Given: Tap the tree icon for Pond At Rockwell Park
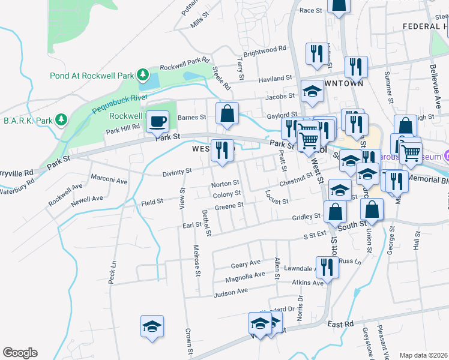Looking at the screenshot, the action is pyautogui.click(x=143, y=74).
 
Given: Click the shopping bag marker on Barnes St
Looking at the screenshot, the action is pyautogui.click(x=227, y=114).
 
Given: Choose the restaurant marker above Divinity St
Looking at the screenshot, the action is pyautogui.click(x=222, y=151).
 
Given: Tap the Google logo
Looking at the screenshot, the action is pyautogui.click(x=20, y=353).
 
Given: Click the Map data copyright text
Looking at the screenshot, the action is pyautogui.click(x=423, y=355).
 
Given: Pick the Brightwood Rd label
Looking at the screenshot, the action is pyautogui.click(x=264, y=51).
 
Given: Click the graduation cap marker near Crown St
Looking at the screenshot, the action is pyautogui.click(x=152, y=327).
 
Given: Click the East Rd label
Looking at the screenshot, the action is pyautogui.click(x=340, y=323).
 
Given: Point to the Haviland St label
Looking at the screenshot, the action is pyautogui.click(x=274, y=79).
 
